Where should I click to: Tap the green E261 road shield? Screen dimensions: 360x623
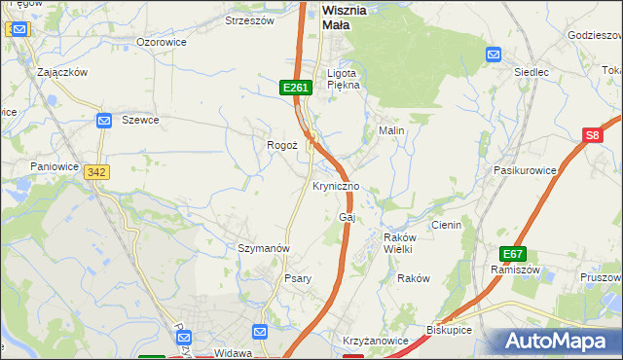click(296, 88)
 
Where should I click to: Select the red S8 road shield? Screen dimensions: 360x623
click(594, 137)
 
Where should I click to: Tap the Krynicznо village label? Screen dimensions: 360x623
click(336, 186)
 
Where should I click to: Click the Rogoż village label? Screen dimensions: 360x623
click(282, 145)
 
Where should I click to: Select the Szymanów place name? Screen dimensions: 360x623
click(265, 248)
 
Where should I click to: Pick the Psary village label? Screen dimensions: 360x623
click(297, 278)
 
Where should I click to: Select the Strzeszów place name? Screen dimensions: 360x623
click(250, 19)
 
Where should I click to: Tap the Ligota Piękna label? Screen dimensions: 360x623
click(343, 79)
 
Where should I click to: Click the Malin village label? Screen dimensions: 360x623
click(391, 129)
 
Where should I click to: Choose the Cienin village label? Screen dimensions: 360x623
click(446, 225)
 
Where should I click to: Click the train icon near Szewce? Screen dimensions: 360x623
click(105, 120)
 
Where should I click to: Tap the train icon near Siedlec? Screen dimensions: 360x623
click(494, 54)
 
